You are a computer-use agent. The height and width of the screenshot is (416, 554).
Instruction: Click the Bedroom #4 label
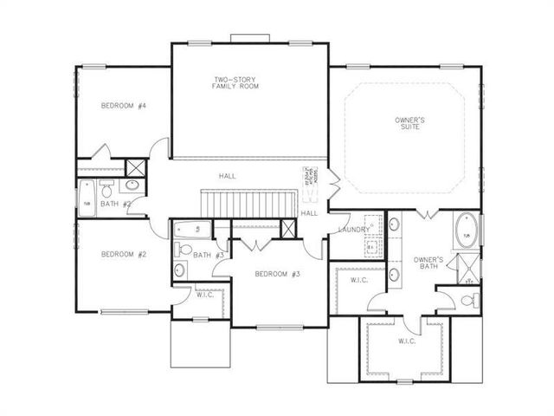(123, 106)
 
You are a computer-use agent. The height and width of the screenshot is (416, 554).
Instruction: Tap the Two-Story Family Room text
(237, 84)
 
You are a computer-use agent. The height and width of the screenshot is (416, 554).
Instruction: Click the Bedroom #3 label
(277, 274)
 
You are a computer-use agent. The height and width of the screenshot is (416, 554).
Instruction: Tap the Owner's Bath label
(428, 263)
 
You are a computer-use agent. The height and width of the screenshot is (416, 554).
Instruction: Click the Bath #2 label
(115, 204)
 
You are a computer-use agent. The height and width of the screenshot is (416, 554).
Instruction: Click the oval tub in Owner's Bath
(466, 233)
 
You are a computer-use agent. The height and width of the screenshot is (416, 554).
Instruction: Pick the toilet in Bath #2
(106, 189)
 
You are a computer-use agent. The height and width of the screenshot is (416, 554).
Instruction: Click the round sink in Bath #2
(132, 185)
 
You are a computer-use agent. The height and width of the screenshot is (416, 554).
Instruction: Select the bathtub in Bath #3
(190, 230)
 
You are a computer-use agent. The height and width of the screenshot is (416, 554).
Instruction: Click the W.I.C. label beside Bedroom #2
(205, 295)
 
